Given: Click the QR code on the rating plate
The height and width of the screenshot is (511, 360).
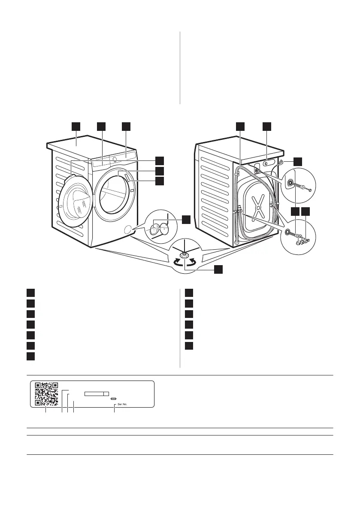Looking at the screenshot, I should click(x=46, y=393).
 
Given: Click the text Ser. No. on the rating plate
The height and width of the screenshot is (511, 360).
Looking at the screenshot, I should click(x=122, y=404).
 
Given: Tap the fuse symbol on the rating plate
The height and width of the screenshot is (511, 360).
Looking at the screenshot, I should click(x=113, y=399).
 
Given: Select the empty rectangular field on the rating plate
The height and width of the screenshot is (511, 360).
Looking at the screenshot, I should click(x=97, y=393).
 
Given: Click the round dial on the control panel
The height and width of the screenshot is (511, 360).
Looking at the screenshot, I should click(x=115, y=159).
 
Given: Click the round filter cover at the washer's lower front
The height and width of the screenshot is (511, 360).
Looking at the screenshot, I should click(x=127, y=230).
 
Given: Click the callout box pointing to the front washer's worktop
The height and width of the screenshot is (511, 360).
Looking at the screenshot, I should click(x=76, y=126).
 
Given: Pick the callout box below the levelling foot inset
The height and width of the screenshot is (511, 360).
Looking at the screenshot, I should click(x=218, y=269).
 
